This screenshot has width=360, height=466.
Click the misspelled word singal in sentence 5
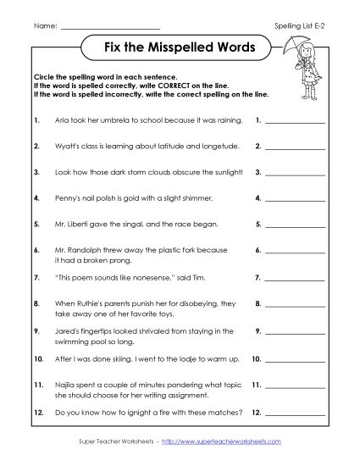coord(117,225)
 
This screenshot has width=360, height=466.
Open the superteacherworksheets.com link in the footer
coord(229,443)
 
